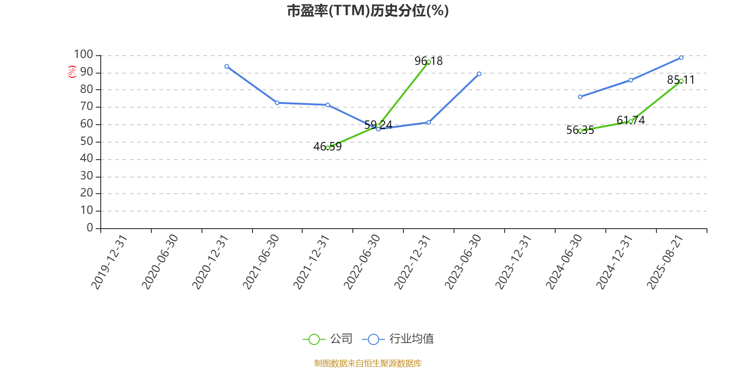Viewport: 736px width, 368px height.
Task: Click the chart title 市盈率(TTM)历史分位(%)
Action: click(368, 11)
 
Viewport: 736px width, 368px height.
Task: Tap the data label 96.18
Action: click(428, 61)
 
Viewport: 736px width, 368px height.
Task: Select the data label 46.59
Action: click(328, 147)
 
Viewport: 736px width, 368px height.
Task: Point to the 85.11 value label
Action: click(681, 80)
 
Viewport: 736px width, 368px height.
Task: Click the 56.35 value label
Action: click(580, 130)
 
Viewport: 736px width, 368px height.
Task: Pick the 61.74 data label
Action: click(631, 120)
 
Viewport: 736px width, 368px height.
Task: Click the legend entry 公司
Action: click(328, 339)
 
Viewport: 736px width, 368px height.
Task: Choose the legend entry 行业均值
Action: click(398, 339)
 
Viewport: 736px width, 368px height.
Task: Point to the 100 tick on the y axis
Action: click(83, 54)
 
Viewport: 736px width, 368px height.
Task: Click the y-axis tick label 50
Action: click(87, 141)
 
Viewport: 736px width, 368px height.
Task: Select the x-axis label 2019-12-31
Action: click(109, 262)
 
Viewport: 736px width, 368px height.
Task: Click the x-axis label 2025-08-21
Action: click(665, 262)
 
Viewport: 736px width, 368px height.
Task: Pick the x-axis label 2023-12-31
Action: click(513, 262)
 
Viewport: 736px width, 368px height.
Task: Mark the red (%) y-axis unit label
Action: click(72, 72)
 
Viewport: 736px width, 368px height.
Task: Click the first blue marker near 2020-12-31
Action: click(227, 66)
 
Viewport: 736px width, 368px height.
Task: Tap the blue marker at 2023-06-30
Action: click(479, 74)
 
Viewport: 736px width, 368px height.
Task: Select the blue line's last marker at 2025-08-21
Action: click(681, 58)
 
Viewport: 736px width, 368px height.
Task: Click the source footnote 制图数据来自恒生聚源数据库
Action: click(368, 363)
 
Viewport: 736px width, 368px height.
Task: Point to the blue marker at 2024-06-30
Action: click(580, 97)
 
